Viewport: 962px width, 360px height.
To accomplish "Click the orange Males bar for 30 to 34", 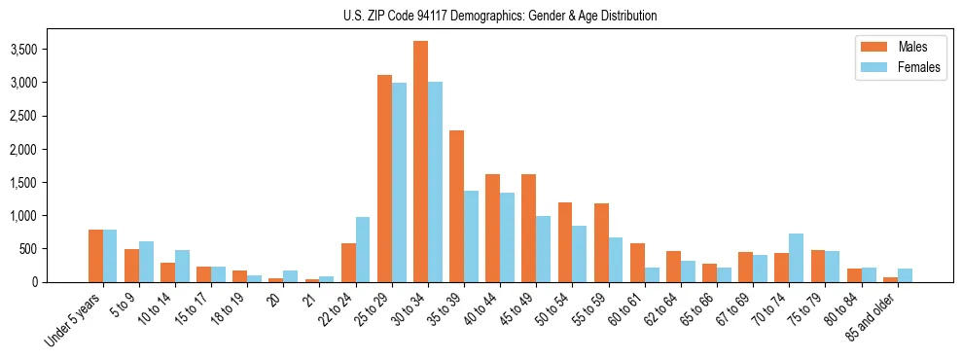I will coord(420,162).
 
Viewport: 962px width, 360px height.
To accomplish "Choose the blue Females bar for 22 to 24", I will coord(363,249).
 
